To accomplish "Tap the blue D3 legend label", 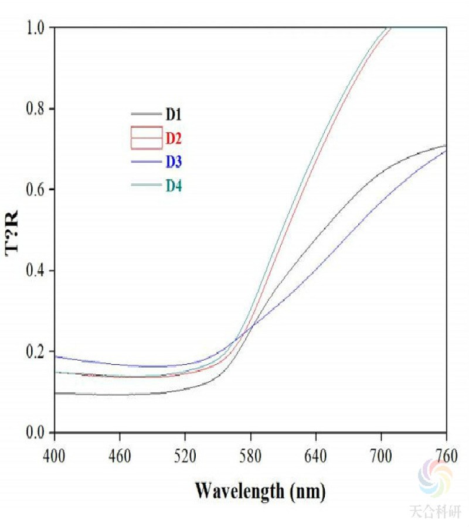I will (x=174, y=161).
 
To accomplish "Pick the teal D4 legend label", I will (x=174, y=186).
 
